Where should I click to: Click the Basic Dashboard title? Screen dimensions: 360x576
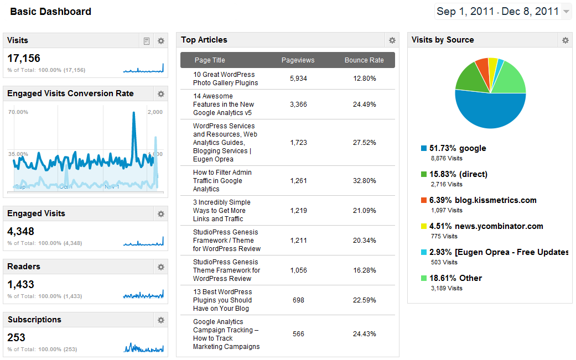(x=50, y=11)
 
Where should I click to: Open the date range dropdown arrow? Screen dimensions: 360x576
(x=566, y=12)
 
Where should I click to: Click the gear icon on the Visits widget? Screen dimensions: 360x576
(x=161, y=41)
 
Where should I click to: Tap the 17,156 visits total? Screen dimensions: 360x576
(x=24, y=58)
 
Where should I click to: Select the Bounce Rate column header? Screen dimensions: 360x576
(x=364, y=60)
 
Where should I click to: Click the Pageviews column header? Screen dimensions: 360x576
(x=298, y=60)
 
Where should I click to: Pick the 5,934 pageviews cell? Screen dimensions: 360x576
(x=298, y=79)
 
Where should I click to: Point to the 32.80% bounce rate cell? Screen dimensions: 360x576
(x=365, y=181)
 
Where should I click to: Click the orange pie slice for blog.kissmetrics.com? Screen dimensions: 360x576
(x=482, y=67)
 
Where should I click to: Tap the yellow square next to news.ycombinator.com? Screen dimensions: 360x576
(x=424, y=226)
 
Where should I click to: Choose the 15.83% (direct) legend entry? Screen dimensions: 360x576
(x=458, y=174)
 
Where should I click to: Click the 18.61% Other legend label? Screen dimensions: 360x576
(x=455, y=278)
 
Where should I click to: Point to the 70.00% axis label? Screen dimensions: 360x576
(x=18, y=112)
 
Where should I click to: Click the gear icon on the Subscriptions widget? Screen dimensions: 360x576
(x=161, y=320)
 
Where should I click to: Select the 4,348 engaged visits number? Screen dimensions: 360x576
(x=20, y=231)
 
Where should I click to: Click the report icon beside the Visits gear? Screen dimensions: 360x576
(x=147, y=41)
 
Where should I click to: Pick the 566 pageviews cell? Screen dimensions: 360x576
(x=298, y=334)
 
